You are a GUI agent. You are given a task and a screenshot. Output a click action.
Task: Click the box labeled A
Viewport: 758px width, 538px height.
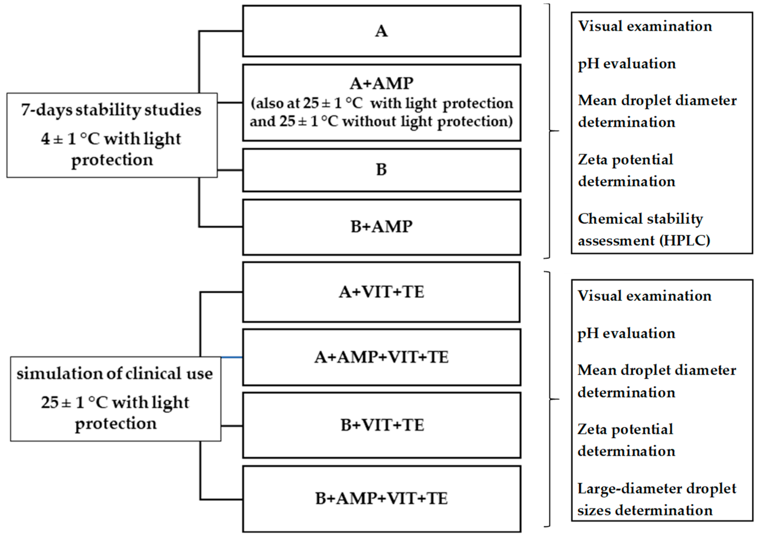381,31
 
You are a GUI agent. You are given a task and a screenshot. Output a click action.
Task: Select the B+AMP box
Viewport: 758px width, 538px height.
381,227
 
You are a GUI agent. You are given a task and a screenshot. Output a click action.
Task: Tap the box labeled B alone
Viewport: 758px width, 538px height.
381,170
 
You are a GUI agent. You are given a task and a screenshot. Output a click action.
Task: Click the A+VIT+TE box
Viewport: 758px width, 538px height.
381,292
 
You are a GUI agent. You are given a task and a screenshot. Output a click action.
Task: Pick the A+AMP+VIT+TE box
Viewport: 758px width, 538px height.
381,357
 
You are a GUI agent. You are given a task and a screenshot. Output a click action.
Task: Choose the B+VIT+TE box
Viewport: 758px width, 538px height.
381,425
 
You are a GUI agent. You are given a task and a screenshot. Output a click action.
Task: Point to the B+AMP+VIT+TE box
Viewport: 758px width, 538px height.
381,498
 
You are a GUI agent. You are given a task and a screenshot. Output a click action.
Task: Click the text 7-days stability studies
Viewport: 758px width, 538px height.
111,110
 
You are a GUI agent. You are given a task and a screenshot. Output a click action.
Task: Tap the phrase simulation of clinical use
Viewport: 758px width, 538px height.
115,373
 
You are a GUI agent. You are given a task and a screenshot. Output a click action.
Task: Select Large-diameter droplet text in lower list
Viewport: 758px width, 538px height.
656,489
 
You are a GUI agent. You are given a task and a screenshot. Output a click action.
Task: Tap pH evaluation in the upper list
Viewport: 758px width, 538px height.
627,64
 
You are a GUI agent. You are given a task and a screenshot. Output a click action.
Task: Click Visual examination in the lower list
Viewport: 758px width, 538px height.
644,296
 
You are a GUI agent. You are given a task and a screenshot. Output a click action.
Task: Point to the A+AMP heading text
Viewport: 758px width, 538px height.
381,83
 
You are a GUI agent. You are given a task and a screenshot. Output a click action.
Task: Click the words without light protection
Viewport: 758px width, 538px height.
427,122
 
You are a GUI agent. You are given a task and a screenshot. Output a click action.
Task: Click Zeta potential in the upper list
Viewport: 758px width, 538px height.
625,160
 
